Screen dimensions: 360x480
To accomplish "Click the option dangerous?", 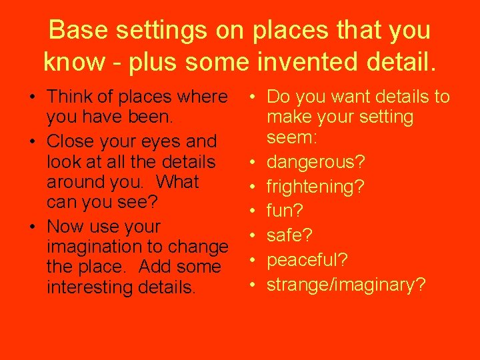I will [314, 162].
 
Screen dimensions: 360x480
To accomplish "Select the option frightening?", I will [315, 187].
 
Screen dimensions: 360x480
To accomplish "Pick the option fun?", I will [285, 211].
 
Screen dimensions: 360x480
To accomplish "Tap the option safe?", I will [289, 235].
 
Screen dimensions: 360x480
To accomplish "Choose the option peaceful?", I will [306, 260].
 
